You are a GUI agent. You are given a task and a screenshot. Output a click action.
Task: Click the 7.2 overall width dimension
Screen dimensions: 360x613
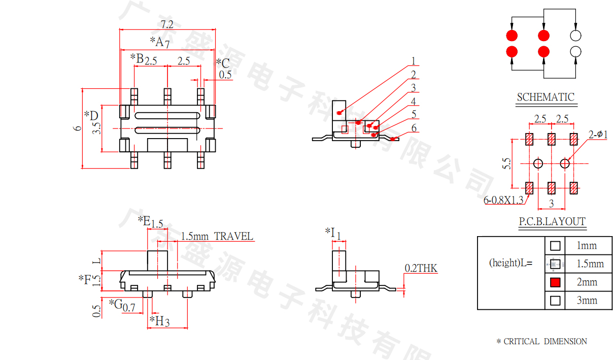pyautogui.click(x=167, y=24)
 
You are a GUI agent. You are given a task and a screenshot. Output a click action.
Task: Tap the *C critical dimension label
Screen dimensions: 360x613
pyautogui.click(x=223, y=63)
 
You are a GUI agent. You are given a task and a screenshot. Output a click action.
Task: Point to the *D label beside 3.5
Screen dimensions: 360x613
pyautogui.click(x=91, y=115)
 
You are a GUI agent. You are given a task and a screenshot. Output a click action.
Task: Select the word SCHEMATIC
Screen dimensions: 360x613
pyautogui.click(x=546, y=97)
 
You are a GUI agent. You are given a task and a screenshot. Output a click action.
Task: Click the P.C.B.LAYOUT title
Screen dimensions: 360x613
pyautogui.click(x=552, y=221)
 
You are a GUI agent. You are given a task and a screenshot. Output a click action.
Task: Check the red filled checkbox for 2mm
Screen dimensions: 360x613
pyautogui.click(x=555, y=282)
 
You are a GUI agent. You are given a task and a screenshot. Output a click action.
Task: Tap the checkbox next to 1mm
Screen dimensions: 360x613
pyautogui.click(x=555, y=246)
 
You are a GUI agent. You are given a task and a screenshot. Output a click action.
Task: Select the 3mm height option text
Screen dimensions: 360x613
pyautogui.click(x=587, y=300)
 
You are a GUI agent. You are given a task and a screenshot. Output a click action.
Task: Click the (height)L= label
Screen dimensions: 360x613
pyautogui.click(x=510, y=263)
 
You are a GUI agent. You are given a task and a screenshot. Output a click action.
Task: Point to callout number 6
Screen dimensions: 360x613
pyautogui.click(x=414, y=128)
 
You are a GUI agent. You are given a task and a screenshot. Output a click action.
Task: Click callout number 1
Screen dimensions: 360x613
pyautogui.click(x=414, y=61)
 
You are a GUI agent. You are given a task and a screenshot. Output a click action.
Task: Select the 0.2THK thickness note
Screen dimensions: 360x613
pyautogui.click(x=421, y=268)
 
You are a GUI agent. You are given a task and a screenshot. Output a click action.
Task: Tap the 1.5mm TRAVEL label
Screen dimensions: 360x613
pyautogui.click(x=217, y=236)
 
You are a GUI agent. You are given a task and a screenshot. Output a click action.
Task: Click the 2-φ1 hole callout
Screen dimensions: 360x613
pyautogui.click(x=598, y=134)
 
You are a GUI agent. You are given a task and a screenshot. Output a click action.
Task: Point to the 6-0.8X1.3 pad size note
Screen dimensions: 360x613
pyautogui.click(x=503, y=200)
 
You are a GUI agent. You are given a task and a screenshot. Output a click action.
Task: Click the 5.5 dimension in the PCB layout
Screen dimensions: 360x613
pyautogui.click(x=506, y=163)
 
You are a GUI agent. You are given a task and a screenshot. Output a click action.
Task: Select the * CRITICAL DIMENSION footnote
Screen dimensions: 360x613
pyautogui.click(x=541, y=342)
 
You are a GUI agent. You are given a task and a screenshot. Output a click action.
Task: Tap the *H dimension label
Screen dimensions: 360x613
pyautogui.click(x=159, y=321)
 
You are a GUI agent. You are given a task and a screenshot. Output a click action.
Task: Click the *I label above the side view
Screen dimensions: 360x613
pyautogui.click(x=332, y=233)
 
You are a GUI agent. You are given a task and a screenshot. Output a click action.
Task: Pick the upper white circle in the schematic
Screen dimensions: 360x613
pyautogui.click(x=575, y=36)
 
